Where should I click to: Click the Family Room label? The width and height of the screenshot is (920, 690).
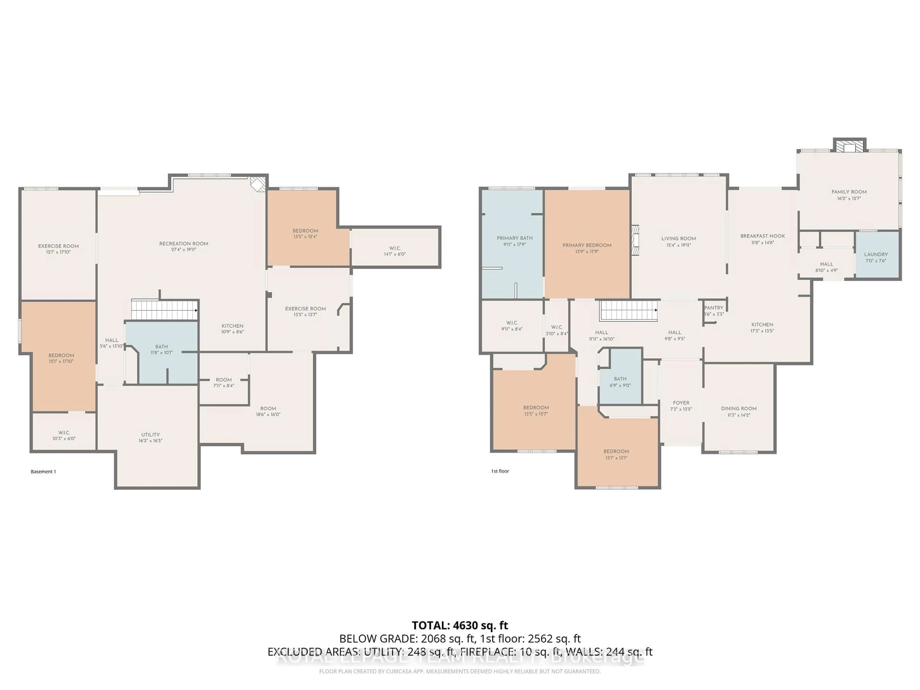849,192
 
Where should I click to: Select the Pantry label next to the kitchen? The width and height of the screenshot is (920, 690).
714,308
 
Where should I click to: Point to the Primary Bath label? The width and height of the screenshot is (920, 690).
514,238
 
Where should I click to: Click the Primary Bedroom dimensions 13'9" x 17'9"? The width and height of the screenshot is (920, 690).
587,252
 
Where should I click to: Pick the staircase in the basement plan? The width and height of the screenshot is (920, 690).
165,310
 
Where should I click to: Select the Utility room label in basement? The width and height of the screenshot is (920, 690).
150,435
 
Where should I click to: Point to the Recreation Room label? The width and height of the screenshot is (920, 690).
184,244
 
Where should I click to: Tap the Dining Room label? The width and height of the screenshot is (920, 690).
739,408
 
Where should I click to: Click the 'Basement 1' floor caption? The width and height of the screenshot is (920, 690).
43,472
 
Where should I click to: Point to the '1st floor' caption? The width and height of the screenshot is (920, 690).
500,471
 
